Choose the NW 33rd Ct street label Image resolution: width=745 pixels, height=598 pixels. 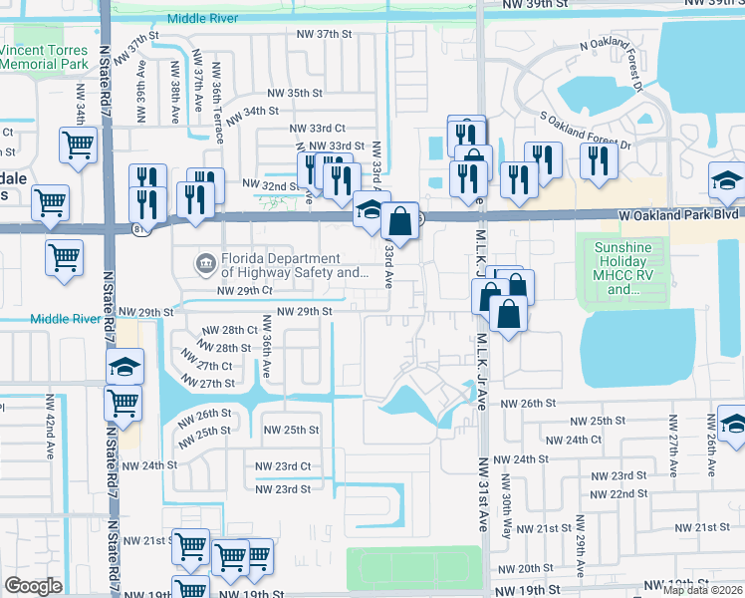[x=317, y=129]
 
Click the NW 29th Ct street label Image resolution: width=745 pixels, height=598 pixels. [x=244, y=290]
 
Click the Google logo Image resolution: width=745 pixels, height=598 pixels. [x=33, y=586]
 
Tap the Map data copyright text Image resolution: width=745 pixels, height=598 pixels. [x=703, y=590]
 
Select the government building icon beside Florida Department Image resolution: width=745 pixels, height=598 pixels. [x=205, y=264]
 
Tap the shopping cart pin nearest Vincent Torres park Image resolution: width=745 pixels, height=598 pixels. [x=77, y=146]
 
